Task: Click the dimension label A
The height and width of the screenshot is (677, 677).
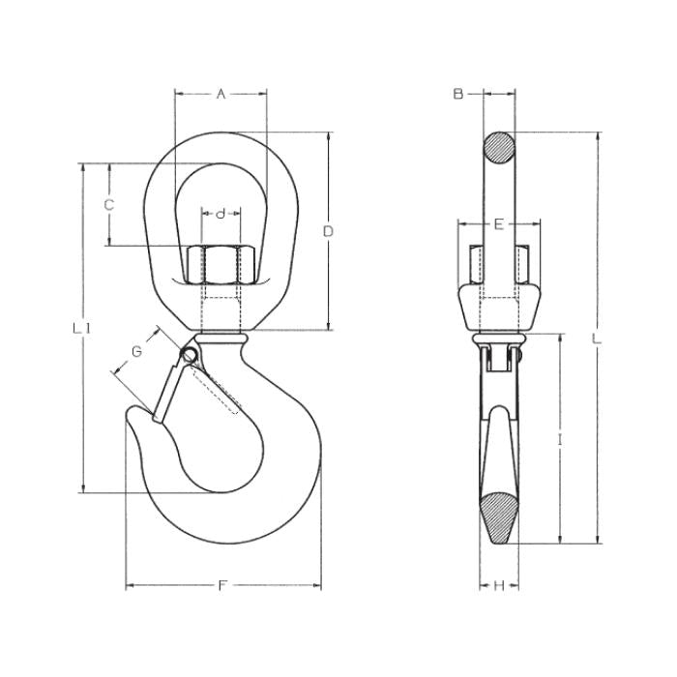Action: coord(221,93)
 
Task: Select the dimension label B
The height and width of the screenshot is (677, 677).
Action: coord(458,93)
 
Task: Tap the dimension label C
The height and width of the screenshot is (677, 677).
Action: coord(108,205)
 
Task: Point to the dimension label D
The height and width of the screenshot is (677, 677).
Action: coord(328,231)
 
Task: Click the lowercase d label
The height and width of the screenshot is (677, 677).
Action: coord(221,214)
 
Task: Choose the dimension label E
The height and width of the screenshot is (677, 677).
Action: coord(499,224)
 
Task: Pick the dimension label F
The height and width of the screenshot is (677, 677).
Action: coord(222,586)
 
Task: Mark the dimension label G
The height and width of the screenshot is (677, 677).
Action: coord(136,351)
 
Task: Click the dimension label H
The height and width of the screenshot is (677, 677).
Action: coord(499,586)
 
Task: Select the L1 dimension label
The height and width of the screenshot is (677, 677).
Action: coord(81,329)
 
